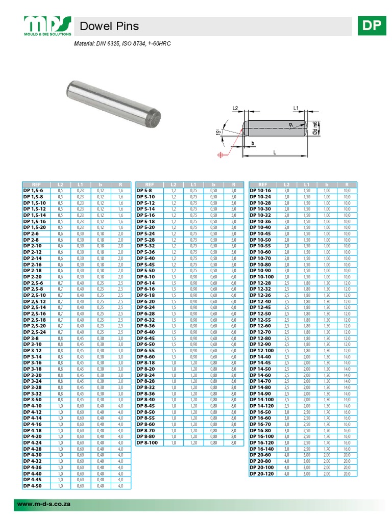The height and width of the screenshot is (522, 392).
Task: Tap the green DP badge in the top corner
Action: coord(372,26)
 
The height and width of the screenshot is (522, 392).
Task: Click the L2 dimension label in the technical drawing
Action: coord(235,108)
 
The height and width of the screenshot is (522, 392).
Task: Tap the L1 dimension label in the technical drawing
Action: coord(297,108)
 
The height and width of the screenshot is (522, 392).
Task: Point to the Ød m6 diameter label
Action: coord(316,128)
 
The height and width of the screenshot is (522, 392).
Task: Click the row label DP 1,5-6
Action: coord(34,190)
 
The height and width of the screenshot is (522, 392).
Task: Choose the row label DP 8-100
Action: coord(147,443)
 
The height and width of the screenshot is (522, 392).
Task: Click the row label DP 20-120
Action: coord(262,474)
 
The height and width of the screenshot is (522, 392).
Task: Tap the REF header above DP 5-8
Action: coord(149,185)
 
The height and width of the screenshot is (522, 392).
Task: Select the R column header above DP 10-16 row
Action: coord(347,185)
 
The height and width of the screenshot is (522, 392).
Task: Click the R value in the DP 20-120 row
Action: coord(347,474)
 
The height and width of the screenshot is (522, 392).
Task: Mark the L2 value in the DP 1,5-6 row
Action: coord(60,190)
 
